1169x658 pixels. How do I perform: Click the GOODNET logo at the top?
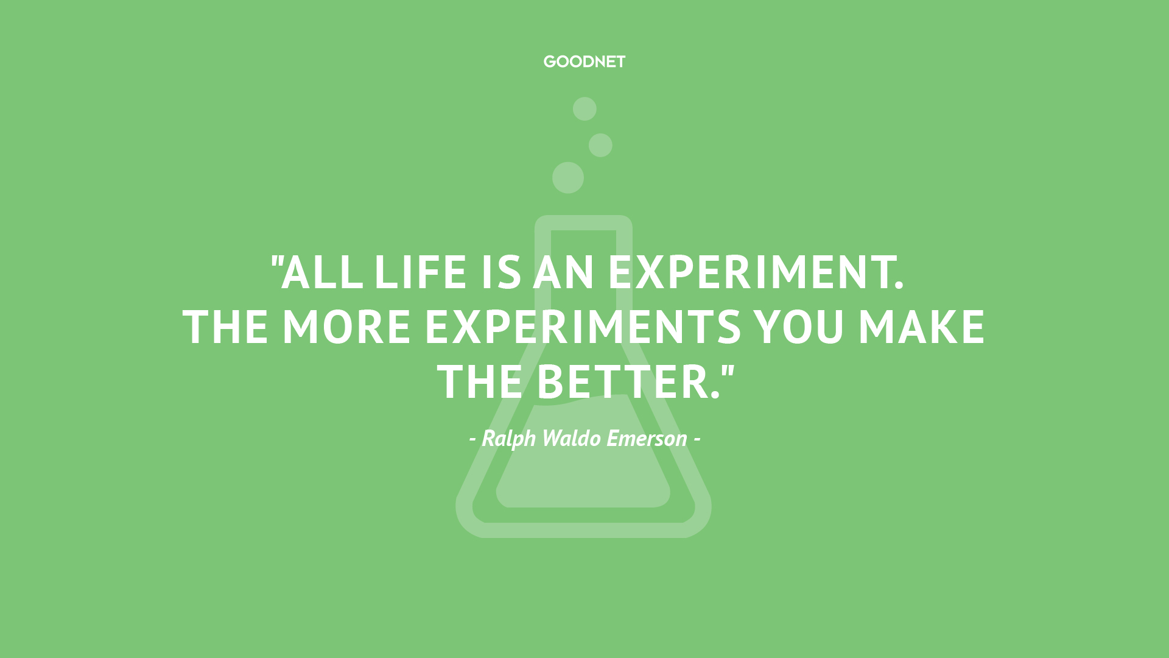584,62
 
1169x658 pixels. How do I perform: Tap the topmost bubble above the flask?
584,109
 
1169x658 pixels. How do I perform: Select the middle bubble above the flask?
600,145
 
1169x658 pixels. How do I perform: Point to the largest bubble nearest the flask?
568,178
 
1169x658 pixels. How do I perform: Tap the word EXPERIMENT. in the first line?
756,272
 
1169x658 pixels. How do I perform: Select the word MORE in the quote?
346,327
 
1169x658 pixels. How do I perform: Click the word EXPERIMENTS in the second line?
583,327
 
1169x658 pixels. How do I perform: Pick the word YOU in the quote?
799,327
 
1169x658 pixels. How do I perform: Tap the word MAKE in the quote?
921,327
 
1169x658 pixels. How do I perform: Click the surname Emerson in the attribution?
647,439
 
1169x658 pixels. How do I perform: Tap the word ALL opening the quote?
321,272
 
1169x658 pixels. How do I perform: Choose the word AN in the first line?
563,272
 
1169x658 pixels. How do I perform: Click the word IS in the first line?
501,272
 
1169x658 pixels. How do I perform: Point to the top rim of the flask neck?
583,222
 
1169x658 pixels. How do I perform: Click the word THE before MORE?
226,327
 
